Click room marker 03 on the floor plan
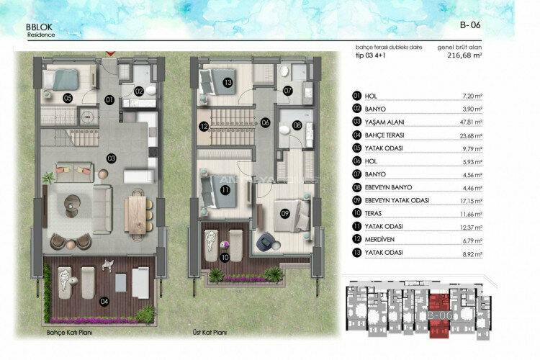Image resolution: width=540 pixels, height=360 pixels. tap(111, 158)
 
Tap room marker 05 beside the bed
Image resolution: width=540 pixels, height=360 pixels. tap(67, 97)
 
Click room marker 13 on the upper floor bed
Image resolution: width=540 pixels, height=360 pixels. tap(227, 83)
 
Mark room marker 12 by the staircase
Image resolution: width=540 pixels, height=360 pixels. tap(204, 126)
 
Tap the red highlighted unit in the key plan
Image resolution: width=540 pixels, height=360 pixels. tap(438, 315)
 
